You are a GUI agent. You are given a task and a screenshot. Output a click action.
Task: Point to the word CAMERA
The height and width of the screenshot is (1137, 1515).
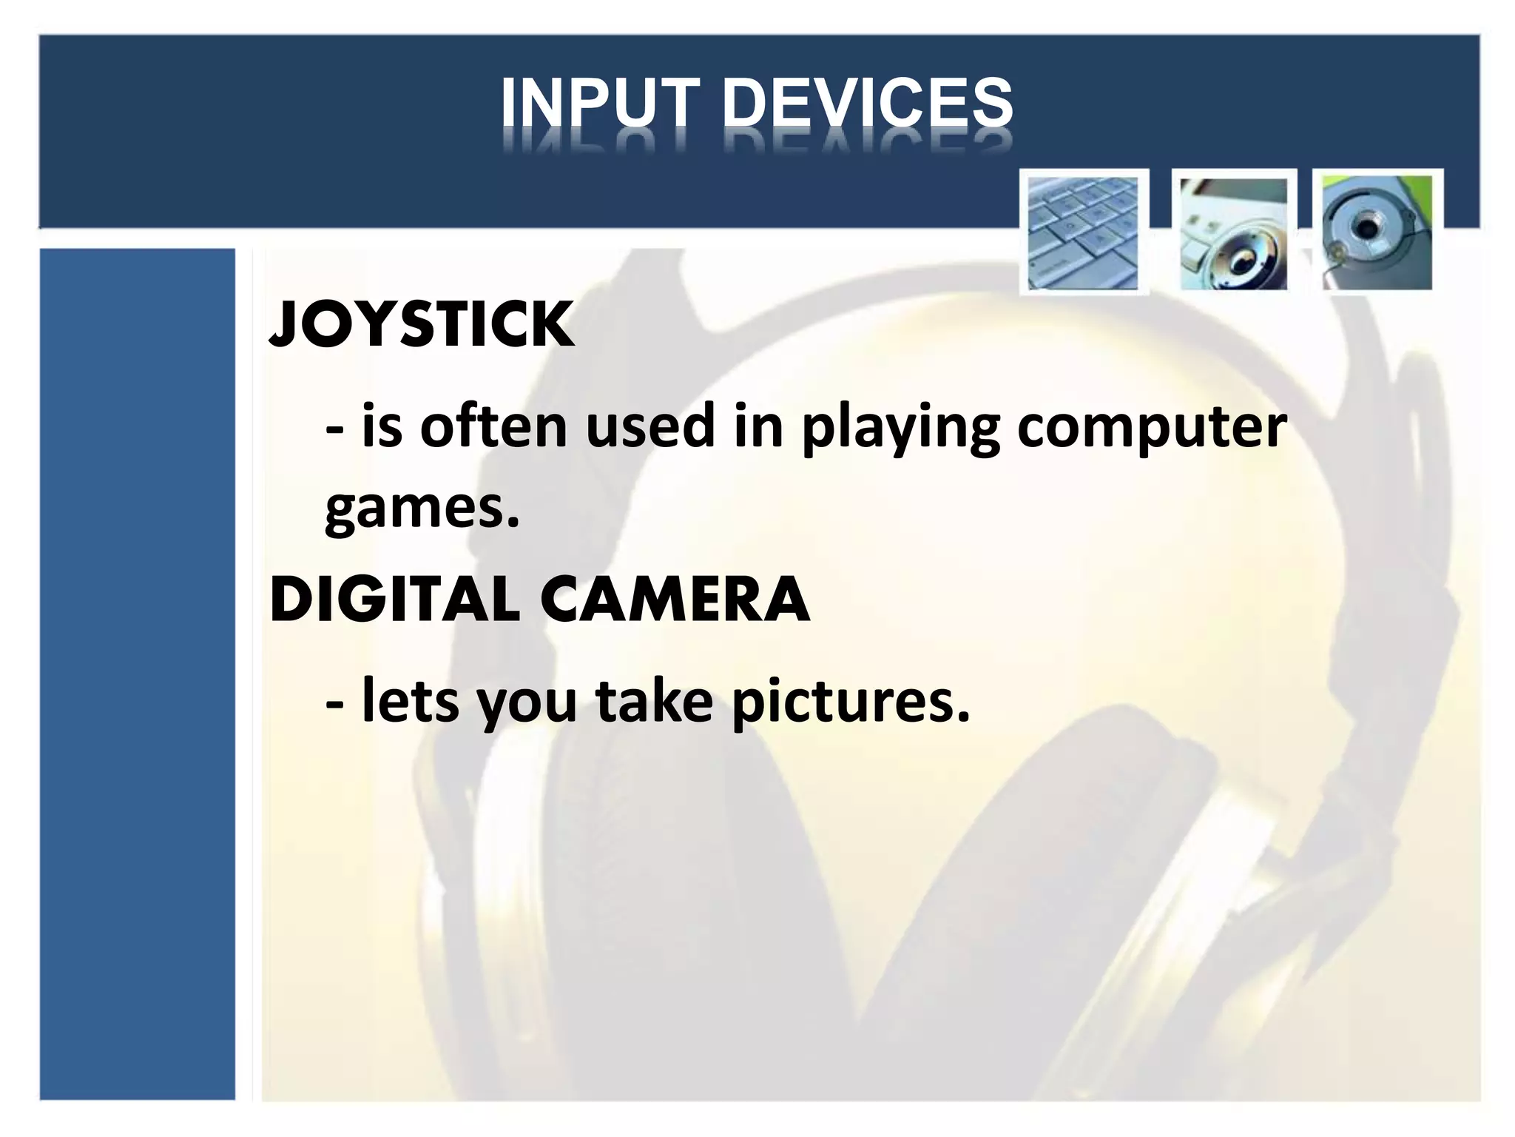675,599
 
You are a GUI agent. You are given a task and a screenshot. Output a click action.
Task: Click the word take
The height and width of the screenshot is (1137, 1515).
654,701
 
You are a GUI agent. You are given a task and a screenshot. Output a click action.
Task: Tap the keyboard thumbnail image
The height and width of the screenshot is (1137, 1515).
1083,232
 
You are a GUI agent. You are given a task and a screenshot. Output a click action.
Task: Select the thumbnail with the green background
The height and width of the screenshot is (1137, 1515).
1377,232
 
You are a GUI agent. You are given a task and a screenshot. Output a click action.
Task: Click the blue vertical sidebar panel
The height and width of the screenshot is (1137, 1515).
137,674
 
